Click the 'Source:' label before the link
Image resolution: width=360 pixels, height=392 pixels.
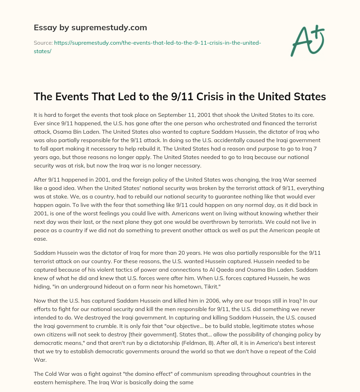pyautogui.click(x=43, y=43)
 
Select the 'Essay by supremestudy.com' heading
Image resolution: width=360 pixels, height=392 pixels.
pyautogui.click(x=90, y=27)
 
